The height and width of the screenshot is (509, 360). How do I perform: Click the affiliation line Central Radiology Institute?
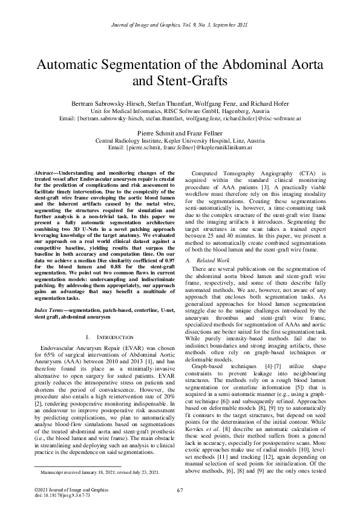(x=136, y=139)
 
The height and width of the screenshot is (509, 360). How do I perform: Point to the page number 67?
(x=180, y=489)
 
